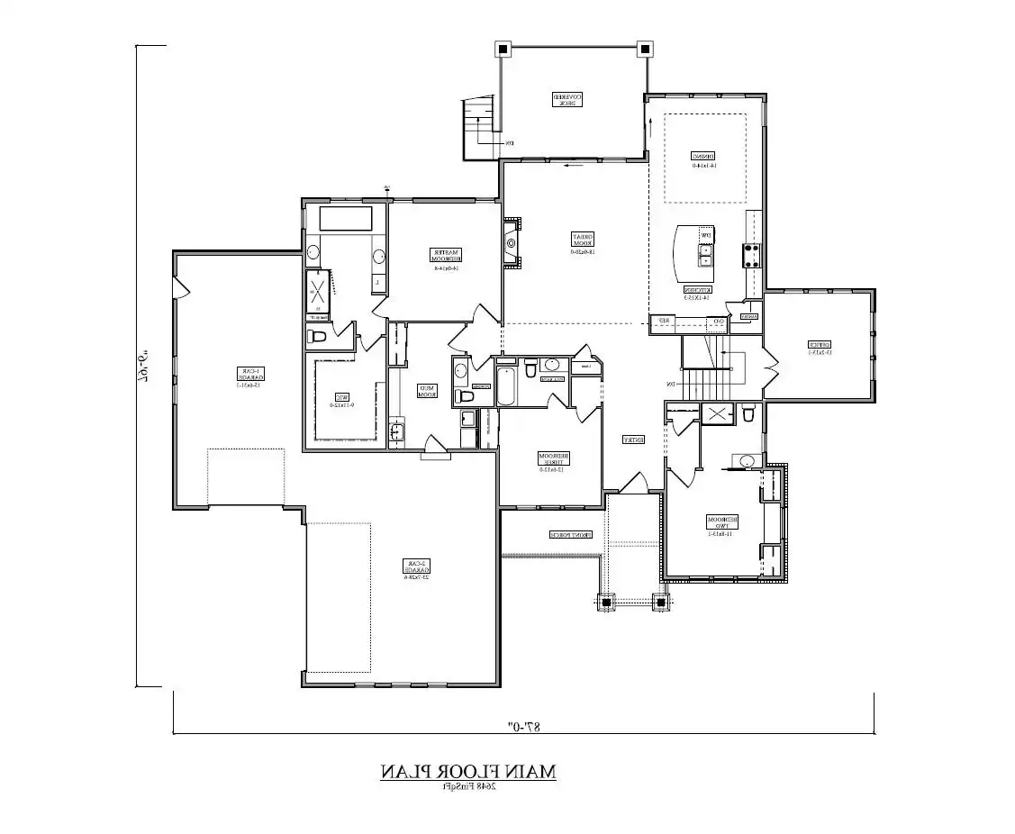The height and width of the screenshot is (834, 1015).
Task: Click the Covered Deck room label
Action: tap(567, 100)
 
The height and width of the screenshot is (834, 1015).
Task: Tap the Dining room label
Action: tap(703, 159)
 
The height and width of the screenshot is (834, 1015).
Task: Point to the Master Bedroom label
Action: tap(443, 259)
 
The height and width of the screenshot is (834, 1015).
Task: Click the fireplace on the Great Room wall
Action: tap(512, 242)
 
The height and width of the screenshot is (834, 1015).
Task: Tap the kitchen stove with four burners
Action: tap(750, 256)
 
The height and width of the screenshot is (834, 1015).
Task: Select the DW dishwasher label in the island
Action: tap(707, 236)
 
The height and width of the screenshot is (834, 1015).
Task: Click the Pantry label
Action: tap(748, 316)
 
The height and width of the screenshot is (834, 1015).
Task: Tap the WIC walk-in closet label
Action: tap(341, 400)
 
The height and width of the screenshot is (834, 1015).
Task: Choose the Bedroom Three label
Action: tap(551, 460)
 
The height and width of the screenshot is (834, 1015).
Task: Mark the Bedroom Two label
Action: tap(722, 526)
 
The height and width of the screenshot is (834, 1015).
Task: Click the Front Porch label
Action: tap(572, 535)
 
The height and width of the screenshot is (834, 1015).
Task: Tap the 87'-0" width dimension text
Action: tap(521, 724)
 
